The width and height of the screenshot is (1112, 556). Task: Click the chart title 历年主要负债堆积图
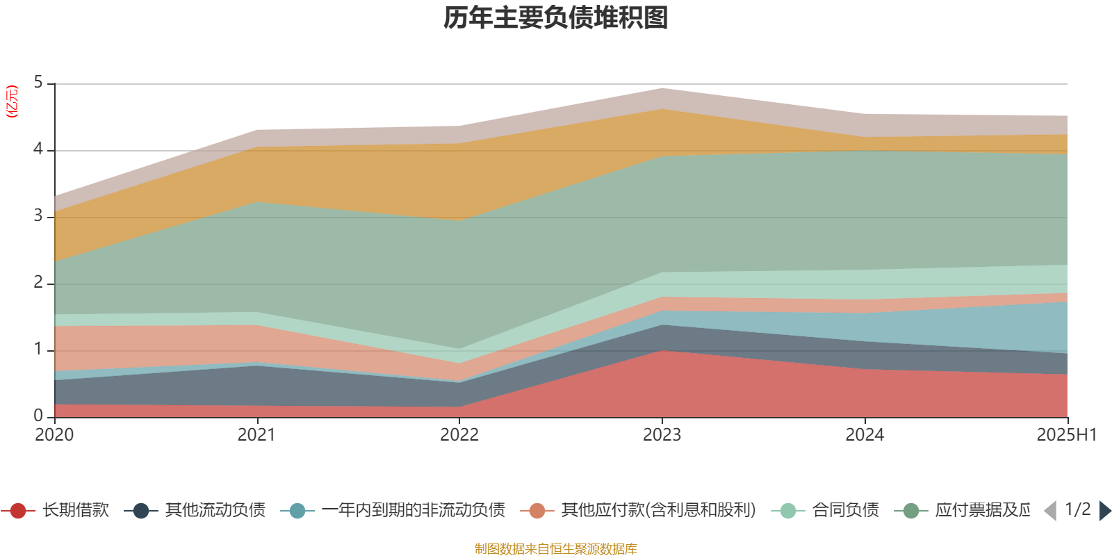[556, 18]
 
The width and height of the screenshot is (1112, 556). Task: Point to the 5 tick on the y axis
[38, 83]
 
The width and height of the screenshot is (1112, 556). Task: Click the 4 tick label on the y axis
[38, 149]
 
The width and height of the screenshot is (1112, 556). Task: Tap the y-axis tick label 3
[38, 216]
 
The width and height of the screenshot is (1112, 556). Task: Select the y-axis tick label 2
[38, 283]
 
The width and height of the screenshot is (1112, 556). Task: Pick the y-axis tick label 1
[38, 350]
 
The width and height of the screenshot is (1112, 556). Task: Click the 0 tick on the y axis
[38, 416]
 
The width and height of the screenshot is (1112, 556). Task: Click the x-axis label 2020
[54, 435]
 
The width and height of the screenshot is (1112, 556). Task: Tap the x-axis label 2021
[256, 435]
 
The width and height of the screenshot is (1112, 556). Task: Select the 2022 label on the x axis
[459, 435]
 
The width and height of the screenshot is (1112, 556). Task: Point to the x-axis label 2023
[662, 435]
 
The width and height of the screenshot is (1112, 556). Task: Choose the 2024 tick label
[865, 435]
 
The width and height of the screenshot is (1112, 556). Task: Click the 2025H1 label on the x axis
[1066, 435]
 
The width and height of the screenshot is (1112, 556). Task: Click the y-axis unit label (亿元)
[12, 101]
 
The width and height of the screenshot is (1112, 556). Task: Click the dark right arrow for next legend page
[1104, 511]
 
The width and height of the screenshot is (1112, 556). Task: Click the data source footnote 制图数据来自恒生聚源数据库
[556, 549]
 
